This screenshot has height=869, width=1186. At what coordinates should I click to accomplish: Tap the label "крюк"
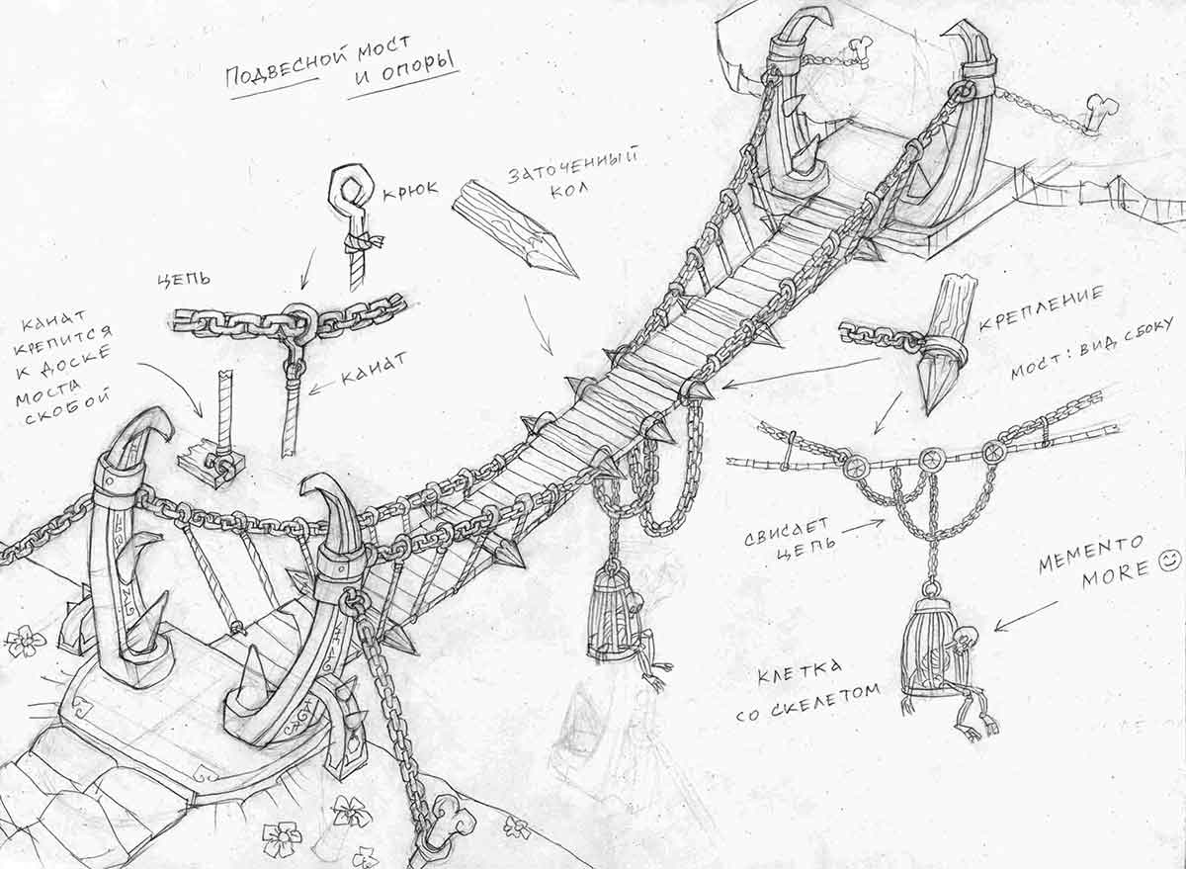click(410, 189)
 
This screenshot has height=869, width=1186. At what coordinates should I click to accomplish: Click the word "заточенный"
click(572, 166)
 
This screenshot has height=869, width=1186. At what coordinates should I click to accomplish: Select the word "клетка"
click(800, 673)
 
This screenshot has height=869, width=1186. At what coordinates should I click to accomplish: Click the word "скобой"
click(62, 407)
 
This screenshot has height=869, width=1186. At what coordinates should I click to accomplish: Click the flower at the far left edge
click(24, 641)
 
